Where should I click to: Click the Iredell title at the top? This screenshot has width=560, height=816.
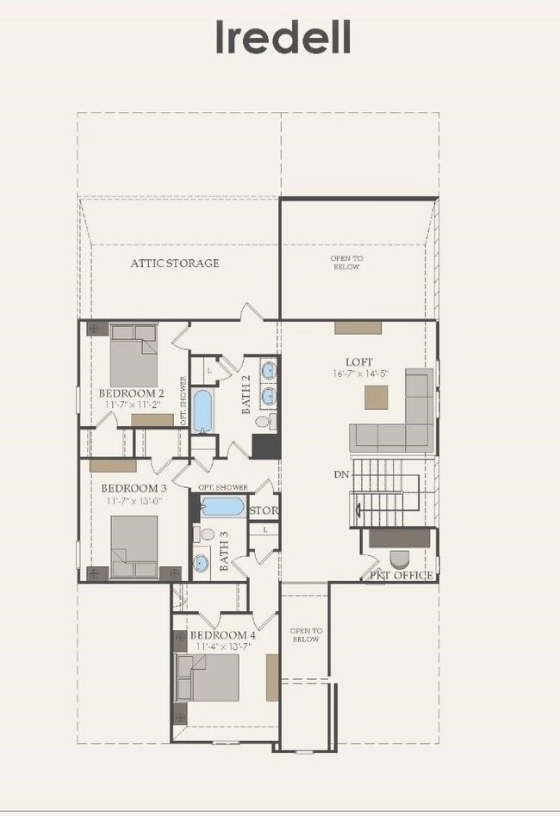pyautogui.click(x=283, y=38)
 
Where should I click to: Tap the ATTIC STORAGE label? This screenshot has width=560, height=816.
pyautogui.click(x=175, y=263)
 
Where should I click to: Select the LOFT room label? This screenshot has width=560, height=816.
pyautogui.click(x=358, y=362)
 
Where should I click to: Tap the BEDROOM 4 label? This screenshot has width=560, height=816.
pyautogui.click(x=222, y=635)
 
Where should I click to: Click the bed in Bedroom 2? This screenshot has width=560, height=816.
pyautogui.click(x=134, y=355)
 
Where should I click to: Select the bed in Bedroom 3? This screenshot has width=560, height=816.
pyautogui.click(x=134, y=547)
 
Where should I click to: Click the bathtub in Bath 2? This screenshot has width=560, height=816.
pyautogui.click(x=203, y=411)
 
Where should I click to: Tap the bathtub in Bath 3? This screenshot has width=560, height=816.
pyautogui.click(x=223, y=506)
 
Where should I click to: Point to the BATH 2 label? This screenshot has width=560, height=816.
pyautogui.click(x=246, y=395)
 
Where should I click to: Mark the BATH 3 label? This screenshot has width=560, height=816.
pyautogui.click(x=222, y=552)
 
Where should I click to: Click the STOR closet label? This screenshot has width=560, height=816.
pyautogui.click(x=263, y=510)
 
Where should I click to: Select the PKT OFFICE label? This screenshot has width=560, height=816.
pyautogui.click(x=401, y=575)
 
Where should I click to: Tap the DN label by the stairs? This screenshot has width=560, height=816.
pyautogui.click(x=340, y=474)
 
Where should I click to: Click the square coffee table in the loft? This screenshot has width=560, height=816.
pyautogui.click(x=376, y=397)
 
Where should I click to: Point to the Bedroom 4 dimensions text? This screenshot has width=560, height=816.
pyautogui.click(x=222, y=646)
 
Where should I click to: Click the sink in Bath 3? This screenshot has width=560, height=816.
pyautogui.click(x=202, y=563)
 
